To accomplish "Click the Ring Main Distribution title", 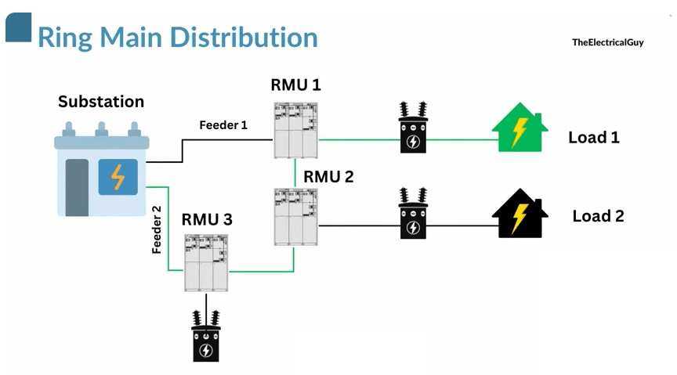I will click(x=177, y=38).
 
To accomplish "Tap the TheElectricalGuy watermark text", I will click(x=607, y=42).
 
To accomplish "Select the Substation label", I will click(x=101, y=102).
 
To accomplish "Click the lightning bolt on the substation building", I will click(x=118, y=177).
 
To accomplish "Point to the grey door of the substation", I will click(x=77, y=186).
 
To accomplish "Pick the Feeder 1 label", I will click(x=223, y=124).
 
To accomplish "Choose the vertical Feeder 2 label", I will click(x=157, y=229).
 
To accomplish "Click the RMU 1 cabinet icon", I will click(x=295, y=129).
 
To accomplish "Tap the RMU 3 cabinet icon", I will click(x=206, y=265).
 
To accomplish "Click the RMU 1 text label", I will click(x=295, y=85).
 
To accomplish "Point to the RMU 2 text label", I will click(x=328, y=177).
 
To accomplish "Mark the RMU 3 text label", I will click(x=207, y=220).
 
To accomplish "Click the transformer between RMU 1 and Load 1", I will click(x=412, y=128).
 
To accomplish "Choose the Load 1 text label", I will click(x=593, y=138).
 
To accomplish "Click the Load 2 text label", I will click(x=598, y=216).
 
